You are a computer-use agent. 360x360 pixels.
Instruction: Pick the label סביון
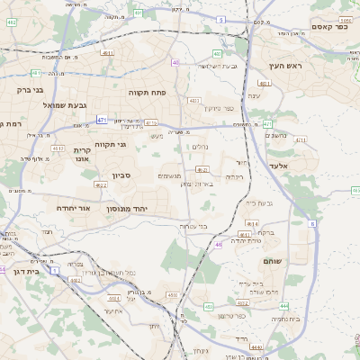click(x=121, y=175)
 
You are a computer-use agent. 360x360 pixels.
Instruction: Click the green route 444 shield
click(x=309, y=306)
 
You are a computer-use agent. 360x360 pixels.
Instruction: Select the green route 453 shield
click(x=209, y=307)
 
